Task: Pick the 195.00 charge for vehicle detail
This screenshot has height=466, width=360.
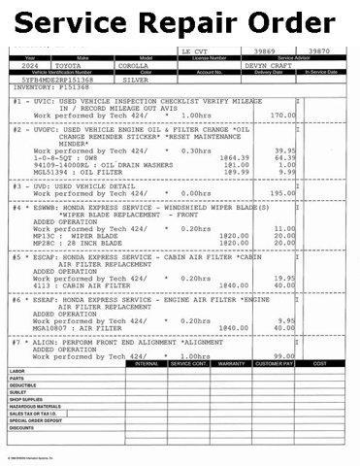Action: point(282,192)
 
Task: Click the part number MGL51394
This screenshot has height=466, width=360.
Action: point(50,171)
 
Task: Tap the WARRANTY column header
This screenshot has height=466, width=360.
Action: point(233,364)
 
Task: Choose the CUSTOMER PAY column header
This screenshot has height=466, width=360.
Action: point(274,364)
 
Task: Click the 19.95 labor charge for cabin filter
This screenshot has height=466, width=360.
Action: point(284,277)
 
